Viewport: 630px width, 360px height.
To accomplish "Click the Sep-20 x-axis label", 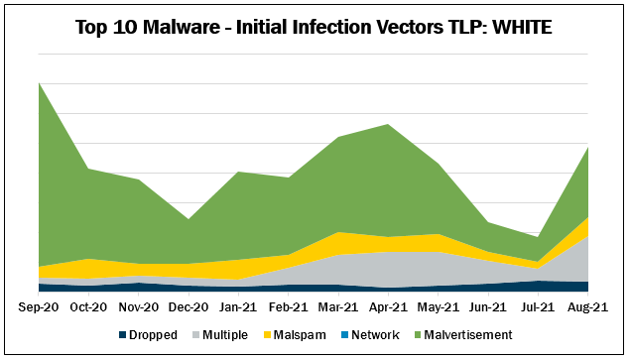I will coord(39,307).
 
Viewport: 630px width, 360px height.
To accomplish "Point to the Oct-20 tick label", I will coord(88,307).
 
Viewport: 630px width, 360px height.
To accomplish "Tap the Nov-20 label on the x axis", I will coord(139,307).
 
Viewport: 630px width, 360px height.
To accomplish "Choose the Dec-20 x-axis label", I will coord(189,307).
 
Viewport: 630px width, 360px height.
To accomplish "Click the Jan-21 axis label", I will coord(239,307).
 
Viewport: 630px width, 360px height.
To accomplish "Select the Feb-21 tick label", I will coord(289,307).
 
